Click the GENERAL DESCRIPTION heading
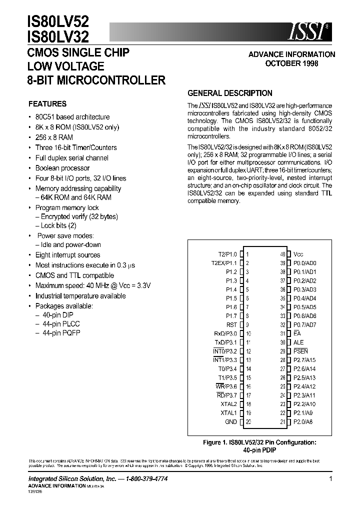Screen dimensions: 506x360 tap(229, 93)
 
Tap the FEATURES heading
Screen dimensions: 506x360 tap(47, 104)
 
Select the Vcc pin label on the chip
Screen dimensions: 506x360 tap(298, 254)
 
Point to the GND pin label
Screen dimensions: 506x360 tap(231, 422)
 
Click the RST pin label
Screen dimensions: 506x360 tap(231, 324)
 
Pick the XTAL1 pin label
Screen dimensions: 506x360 tap(228, 413)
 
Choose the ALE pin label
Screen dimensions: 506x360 tap(298, 342)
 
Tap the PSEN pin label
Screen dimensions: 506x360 tap(300, 351)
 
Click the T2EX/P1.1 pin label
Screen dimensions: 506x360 tap(224, 263)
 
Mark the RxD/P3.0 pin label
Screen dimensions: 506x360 tap(225, 333)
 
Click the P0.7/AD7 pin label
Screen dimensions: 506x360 tap(305, 324)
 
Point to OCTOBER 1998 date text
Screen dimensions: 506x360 tap(291, 63)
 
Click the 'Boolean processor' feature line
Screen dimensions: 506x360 tap(62, 168)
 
